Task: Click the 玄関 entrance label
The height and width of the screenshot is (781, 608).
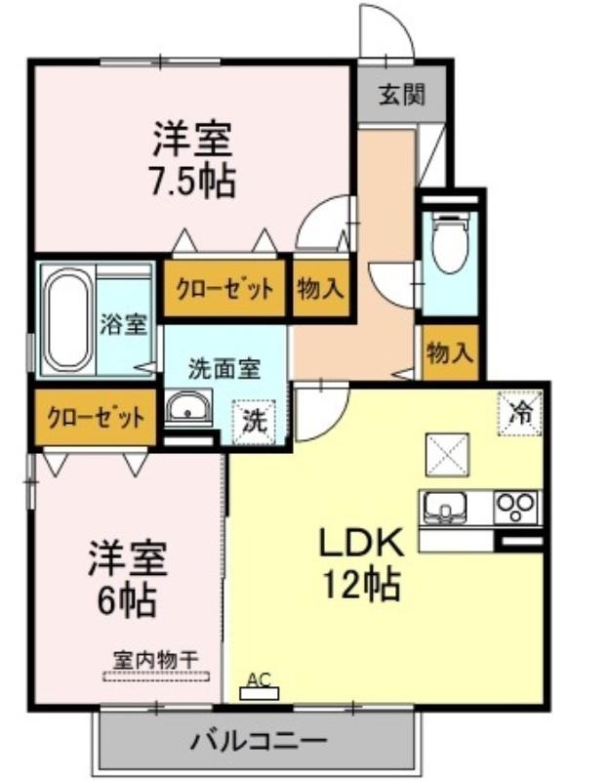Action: (x=401, y=94)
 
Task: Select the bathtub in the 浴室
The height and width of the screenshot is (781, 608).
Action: (x=69, y=319)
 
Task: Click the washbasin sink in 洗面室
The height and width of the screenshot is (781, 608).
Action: (x=188, y=406)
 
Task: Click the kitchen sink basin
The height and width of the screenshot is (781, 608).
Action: (x=445, y=508)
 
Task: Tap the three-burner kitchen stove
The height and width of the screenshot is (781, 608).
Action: (x=516, y=507)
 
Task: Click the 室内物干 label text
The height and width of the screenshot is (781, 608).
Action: (x=155, y=661)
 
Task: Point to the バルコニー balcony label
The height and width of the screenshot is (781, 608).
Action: (x=259, y=741)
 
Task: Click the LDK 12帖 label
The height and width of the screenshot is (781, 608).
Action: (x=361, y=564)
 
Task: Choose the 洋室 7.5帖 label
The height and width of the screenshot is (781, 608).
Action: (x=192, y=159)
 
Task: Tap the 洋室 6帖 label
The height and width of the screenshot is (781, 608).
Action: (x=128, y=579)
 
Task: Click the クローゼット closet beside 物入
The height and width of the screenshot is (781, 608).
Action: (x=225, y=288)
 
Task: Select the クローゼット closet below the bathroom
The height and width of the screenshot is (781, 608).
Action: (x=96, y=417)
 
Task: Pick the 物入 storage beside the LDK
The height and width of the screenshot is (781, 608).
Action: (x=450, y=352)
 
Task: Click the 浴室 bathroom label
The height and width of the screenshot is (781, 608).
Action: (x=124, y=324)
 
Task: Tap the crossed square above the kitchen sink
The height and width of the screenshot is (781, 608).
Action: (x=447, y=455)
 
